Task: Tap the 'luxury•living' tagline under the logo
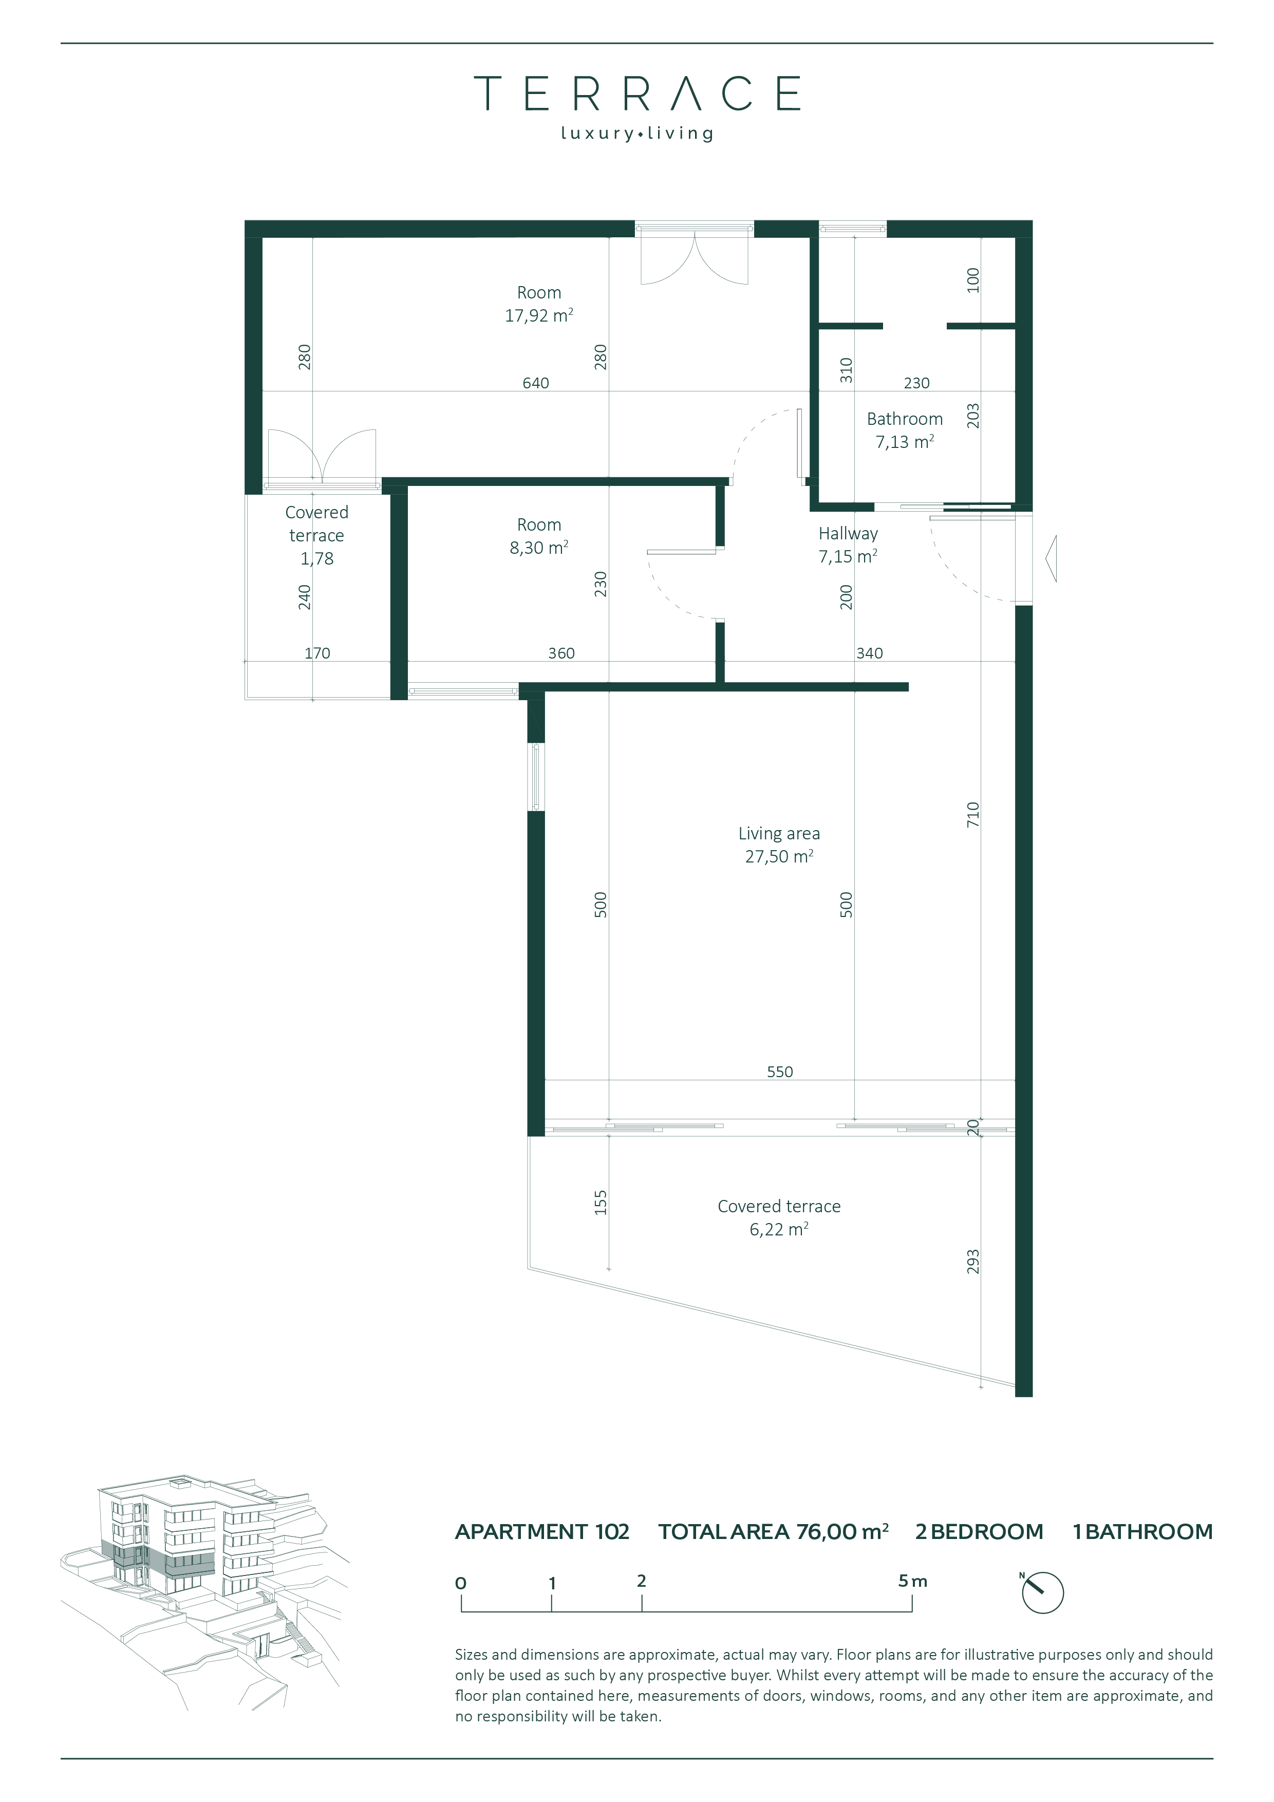[636, 134]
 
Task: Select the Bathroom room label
[904, 419]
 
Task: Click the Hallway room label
[848, 534]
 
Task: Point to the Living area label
[779, 834]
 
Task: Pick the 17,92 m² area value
[538, 315]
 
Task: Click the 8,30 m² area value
[538, 548]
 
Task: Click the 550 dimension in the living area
[779, 1072]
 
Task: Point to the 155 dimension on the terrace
[601, 1203]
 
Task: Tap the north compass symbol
[1042, 1592]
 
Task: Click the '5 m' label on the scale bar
[912, 1582]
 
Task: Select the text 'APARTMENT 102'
[542, 1532]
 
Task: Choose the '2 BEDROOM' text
[979, 1532]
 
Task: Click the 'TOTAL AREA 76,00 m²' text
[773, 1532]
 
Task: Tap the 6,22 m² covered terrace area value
[779, 1230]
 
